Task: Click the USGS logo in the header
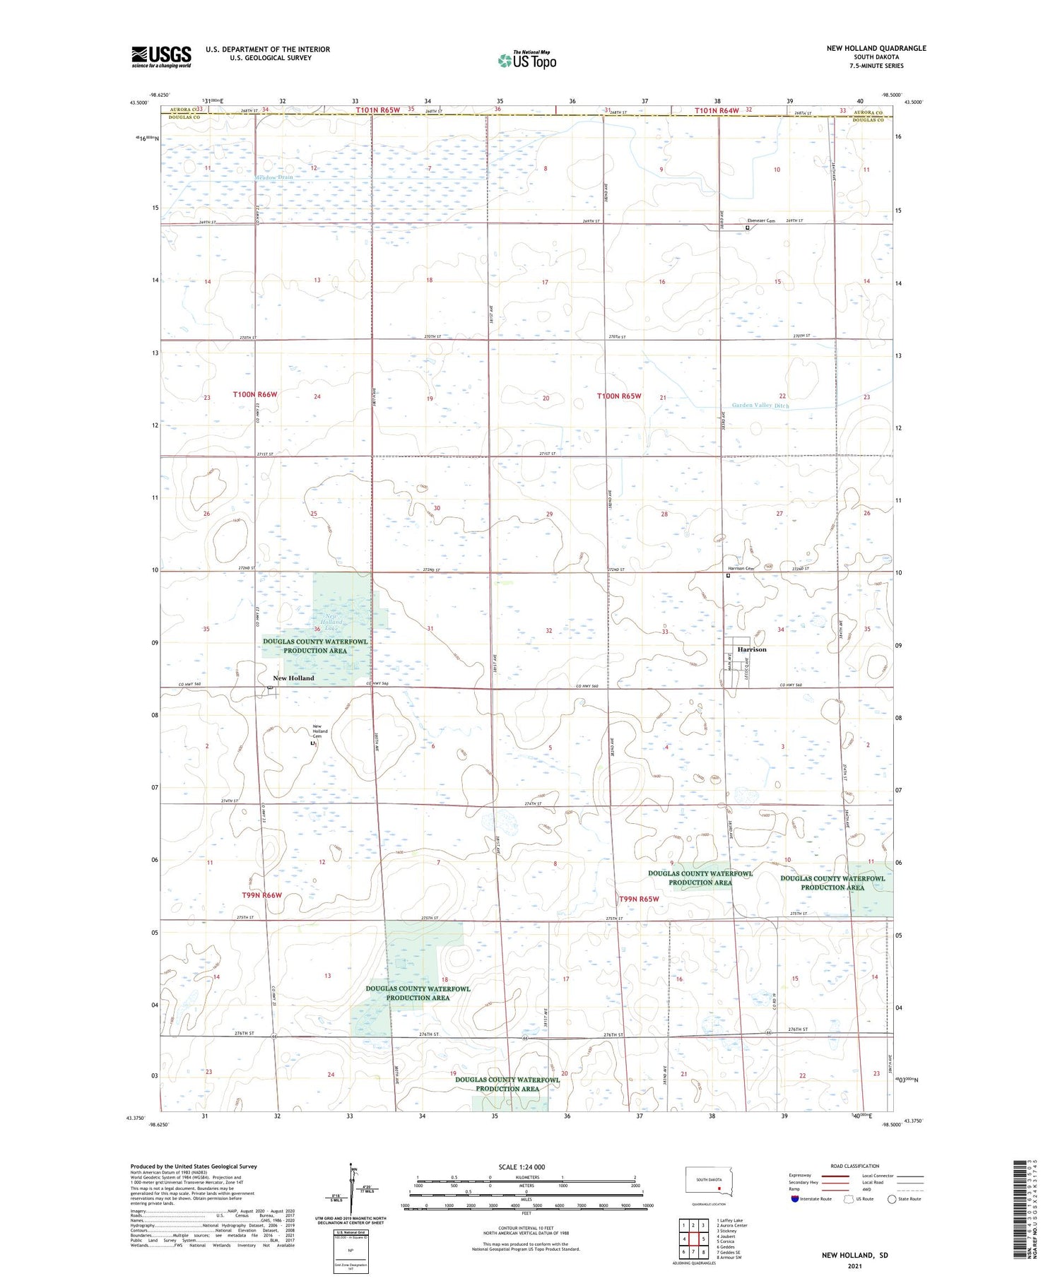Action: point(161,57)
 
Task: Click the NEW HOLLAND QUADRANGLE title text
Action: point(876,48)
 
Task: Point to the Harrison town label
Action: point(751,649)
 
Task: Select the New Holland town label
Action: point(293,678)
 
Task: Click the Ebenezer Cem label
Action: point(760,221)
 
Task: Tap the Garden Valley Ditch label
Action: point(760,406)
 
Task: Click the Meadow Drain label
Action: point(274,177)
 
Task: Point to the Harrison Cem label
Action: point(741,568)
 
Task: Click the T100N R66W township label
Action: point(254,395)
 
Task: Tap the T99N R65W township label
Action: point(639,899)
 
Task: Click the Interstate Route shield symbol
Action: point(795,1199)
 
